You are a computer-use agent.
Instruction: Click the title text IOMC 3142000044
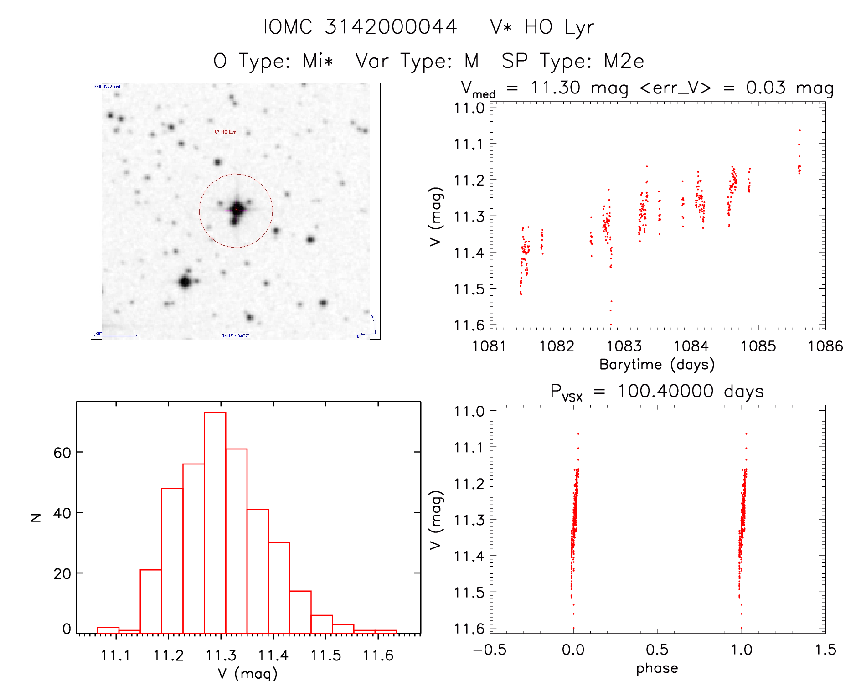[x=360, y=27]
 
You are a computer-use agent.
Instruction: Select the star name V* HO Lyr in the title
[x=542, y=27]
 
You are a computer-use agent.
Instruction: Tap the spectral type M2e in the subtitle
[x=624, y=61]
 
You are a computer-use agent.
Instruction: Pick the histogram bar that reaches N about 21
[x=150, y=601]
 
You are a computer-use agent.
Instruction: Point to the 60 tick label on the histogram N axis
[x=62, y=453]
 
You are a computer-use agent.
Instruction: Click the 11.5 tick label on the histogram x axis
[x=325, y=655]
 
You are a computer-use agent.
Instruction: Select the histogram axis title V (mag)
[x=247, y=673]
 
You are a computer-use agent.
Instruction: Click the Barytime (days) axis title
[x=657, y=365]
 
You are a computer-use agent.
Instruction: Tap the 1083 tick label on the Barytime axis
[x=624, y=346]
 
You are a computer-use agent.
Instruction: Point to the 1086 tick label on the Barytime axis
[x=825, y=346]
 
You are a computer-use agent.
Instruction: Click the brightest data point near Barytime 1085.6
[x=799, y=131]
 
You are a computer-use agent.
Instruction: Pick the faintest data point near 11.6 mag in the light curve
[x=611, y=325]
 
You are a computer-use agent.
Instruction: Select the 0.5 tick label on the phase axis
[x=657, y=650]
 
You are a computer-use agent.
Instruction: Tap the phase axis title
[x=657, y=668]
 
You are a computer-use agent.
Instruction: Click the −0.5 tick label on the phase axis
[x=490, y=650]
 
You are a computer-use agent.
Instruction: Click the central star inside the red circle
[x=236, y=209]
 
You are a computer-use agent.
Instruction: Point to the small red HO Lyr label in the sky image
[x=225, y=132]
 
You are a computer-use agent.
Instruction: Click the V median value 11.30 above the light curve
[x=555, y=88]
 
